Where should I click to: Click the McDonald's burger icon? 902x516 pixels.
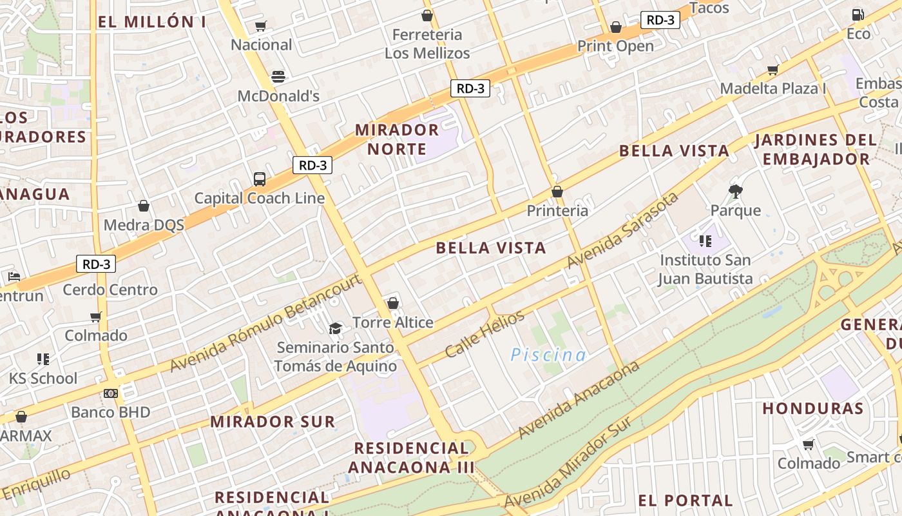278,77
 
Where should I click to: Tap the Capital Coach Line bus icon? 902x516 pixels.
260,179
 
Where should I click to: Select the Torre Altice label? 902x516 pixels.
392,322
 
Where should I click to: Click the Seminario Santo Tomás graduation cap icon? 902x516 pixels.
335,328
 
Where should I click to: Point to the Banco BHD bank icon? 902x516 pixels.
111,393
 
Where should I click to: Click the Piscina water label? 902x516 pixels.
548,355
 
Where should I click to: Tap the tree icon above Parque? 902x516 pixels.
735,191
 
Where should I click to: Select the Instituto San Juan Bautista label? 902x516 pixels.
705,270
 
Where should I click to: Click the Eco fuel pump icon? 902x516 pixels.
858,14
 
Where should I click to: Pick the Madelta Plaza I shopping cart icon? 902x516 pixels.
772,70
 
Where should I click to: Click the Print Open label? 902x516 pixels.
615,46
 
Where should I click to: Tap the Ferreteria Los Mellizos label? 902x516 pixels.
427,44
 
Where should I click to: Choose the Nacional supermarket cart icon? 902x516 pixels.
260,26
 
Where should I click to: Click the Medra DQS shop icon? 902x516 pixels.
144,206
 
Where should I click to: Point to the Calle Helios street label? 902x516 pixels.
485,334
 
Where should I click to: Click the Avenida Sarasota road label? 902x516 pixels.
622,230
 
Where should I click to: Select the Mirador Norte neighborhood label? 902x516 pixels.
397,139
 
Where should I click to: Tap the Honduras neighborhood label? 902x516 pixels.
812,408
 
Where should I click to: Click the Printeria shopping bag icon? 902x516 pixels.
557,192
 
